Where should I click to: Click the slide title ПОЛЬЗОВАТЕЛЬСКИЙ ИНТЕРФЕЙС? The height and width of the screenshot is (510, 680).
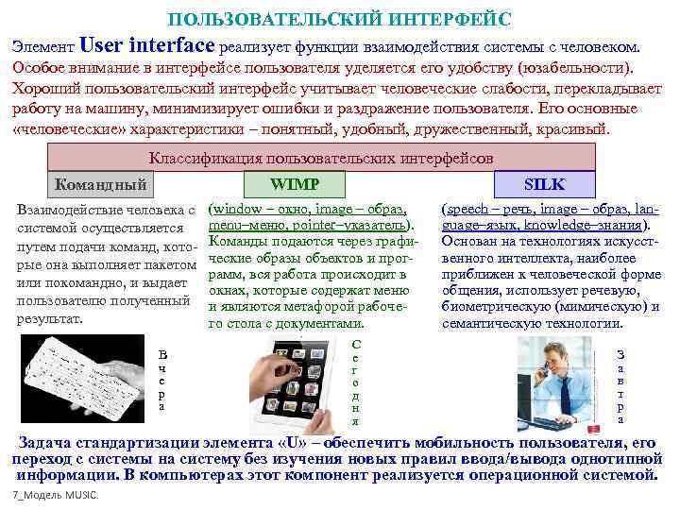pyautogui.click(x=339, y=19)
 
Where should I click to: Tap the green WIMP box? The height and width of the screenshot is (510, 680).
pyautogui.click(x=294, y=184)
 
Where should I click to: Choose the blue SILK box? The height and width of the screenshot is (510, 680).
pyautogui.click(x=544, y=184)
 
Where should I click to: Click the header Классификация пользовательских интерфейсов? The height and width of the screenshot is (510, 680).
pyautogui.click(x=321, y=158)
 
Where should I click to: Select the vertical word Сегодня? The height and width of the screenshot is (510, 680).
pyautogui.click(x=355, y=382)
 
